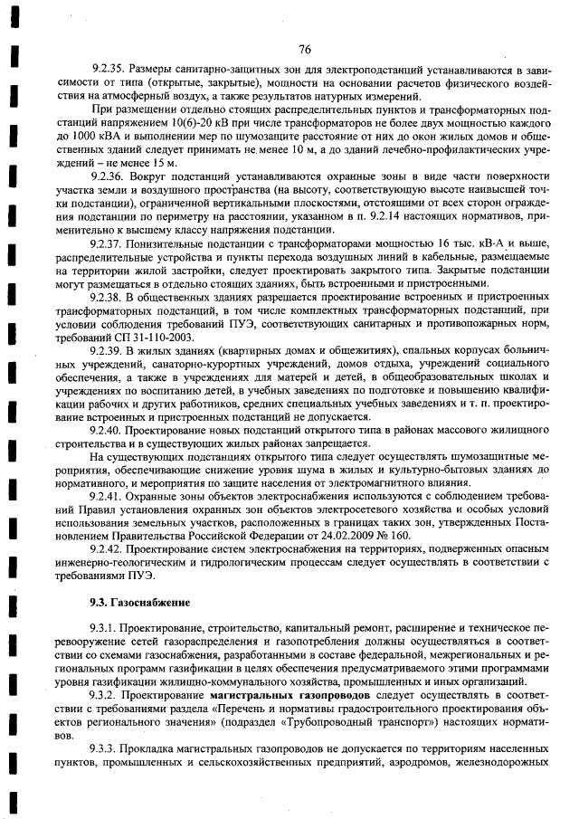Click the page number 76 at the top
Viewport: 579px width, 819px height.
pyautogui.click(x=304, y=49)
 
